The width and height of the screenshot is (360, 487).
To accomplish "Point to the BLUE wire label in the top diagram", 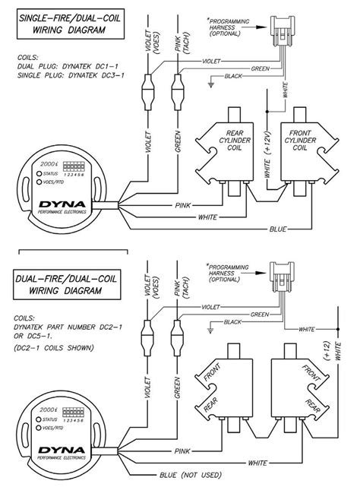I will (278, 228).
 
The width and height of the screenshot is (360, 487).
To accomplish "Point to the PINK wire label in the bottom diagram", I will (182, 451).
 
